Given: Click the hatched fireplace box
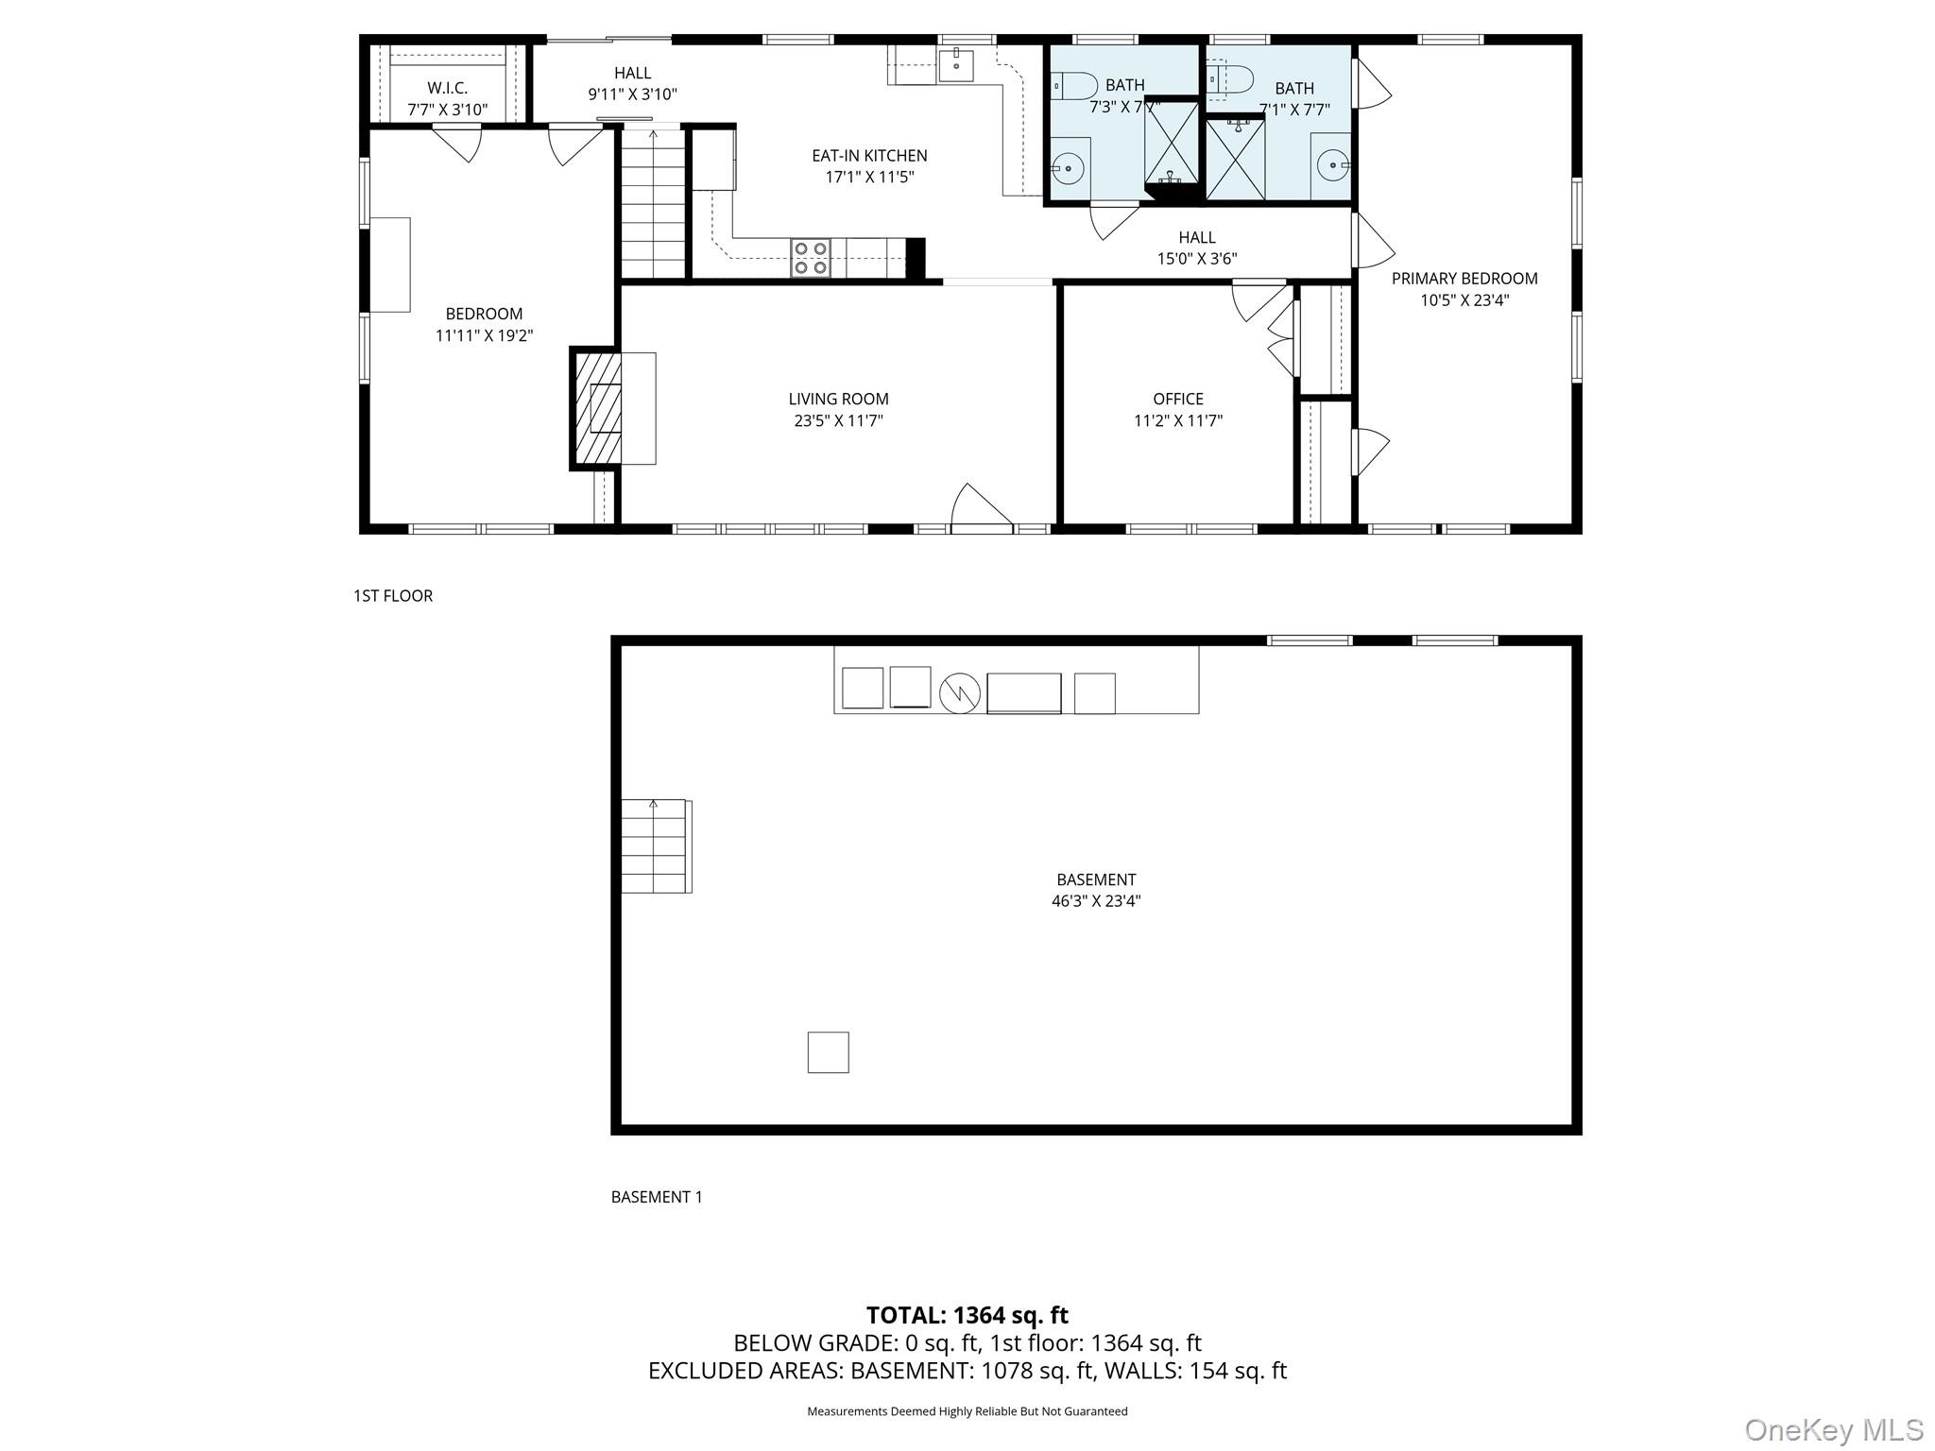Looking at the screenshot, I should click(x=598, y=408).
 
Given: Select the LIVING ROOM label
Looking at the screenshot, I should click(x=838, y=400).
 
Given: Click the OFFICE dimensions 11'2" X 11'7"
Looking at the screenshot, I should click(x=1177, y=421).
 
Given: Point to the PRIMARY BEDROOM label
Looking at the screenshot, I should click(x=1464, y=279).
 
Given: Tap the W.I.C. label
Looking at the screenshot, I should click(x=447, y=89).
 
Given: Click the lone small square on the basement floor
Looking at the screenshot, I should click(x=828, y=1051).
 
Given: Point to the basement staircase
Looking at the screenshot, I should click(x=655, y=845).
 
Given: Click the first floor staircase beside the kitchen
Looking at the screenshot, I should click(x=653, y=203).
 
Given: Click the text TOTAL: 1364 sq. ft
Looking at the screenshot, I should click(x=967, y=1315).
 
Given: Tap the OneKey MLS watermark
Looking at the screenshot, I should click(x=1833, y=1430).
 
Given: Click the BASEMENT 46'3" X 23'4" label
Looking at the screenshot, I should click(x=1095, y=890).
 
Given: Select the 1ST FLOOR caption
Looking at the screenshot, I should click(x=393, y=596).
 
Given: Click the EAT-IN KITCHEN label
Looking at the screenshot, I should click(x=869, y=156).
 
